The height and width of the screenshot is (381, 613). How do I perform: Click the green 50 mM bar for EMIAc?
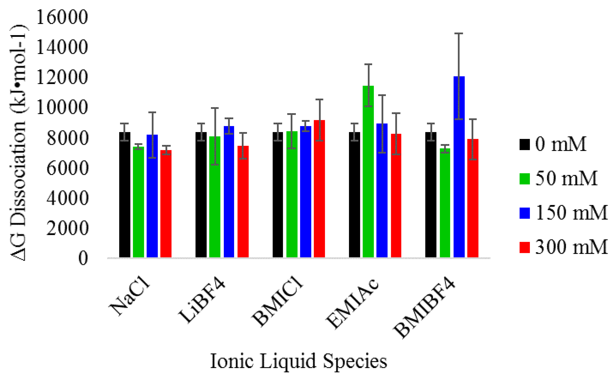coord(368,171)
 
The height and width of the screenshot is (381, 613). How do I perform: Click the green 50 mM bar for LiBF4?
coord(215,197)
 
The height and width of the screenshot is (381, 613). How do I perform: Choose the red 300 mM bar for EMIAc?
coord(396,195)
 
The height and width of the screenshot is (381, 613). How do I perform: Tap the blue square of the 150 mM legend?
coord(524,213)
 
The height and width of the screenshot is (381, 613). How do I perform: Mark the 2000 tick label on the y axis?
coord(67,228)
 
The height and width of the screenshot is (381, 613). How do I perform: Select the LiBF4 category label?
coord(202,301)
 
